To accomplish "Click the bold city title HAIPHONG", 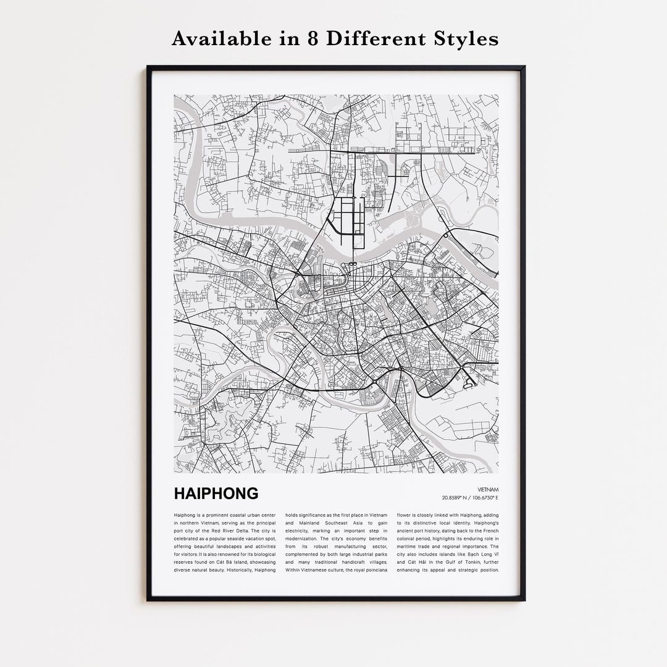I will point(216,494).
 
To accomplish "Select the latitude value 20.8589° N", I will point(455,498).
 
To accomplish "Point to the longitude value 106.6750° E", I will point(485,498).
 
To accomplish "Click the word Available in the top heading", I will point(214,39).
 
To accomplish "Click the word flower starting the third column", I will point(405,515).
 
